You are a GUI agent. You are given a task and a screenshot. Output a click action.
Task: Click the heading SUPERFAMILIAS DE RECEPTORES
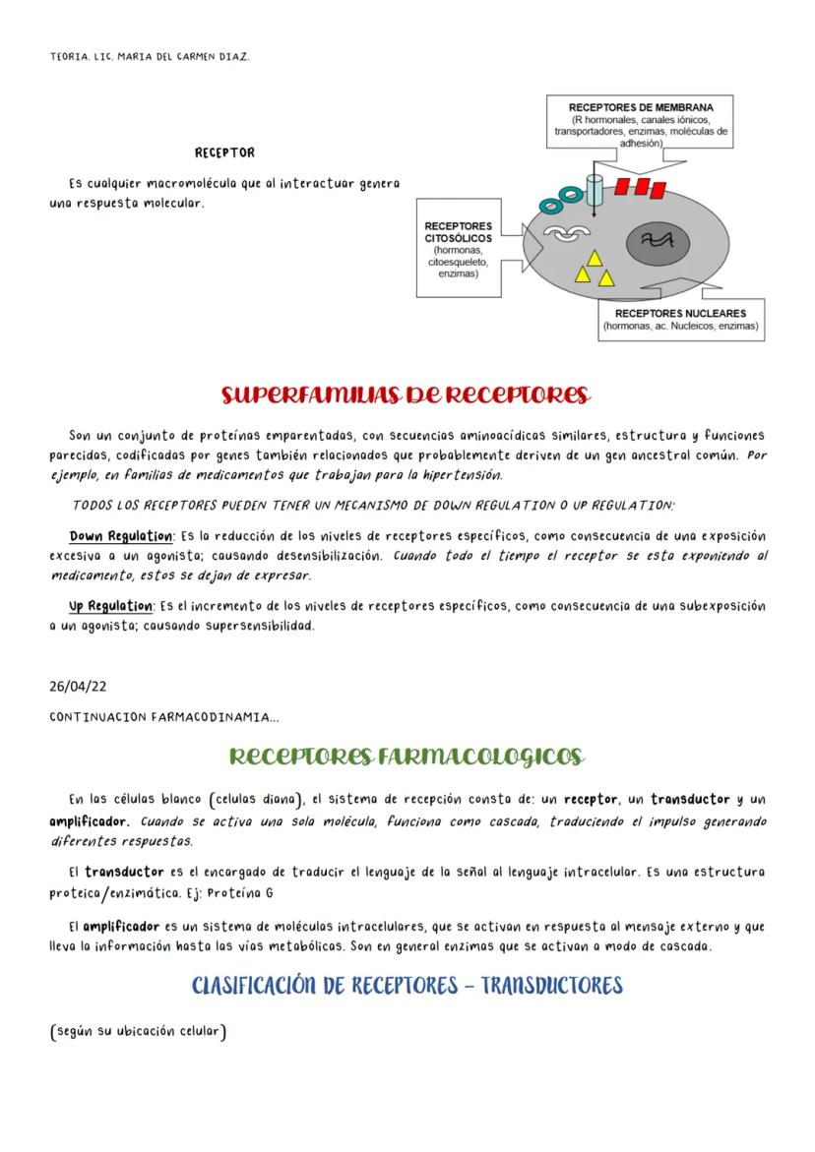[x=405, y=395]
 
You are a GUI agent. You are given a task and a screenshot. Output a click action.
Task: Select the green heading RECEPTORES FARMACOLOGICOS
[x=407, y=756]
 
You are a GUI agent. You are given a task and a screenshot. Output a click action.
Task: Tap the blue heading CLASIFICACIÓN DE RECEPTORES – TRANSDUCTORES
[x=407, y=985]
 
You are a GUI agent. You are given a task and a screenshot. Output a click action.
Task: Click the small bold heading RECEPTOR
[x=224, y=152]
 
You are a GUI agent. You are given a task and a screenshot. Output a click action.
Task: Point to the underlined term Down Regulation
[x=121, y=536]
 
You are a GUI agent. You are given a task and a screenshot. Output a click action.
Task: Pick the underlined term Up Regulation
[x=108, y=606]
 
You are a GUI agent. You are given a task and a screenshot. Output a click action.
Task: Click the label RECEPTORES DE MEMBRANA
[x=641, y=107]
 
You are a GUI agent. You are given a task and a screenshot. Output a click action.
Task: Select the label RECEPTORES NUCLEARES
[x=681, y=313]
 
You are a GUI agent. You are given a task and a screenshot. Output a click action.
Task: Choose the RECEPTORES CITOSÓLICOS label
[x=458, y=232]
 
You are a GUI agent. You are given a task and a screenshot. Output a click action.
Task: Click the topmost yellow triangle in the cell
[x=595, y=257]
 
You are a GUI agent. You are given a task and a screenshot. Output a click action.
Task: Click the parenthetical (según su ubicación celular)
[x=138, y=1031]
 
